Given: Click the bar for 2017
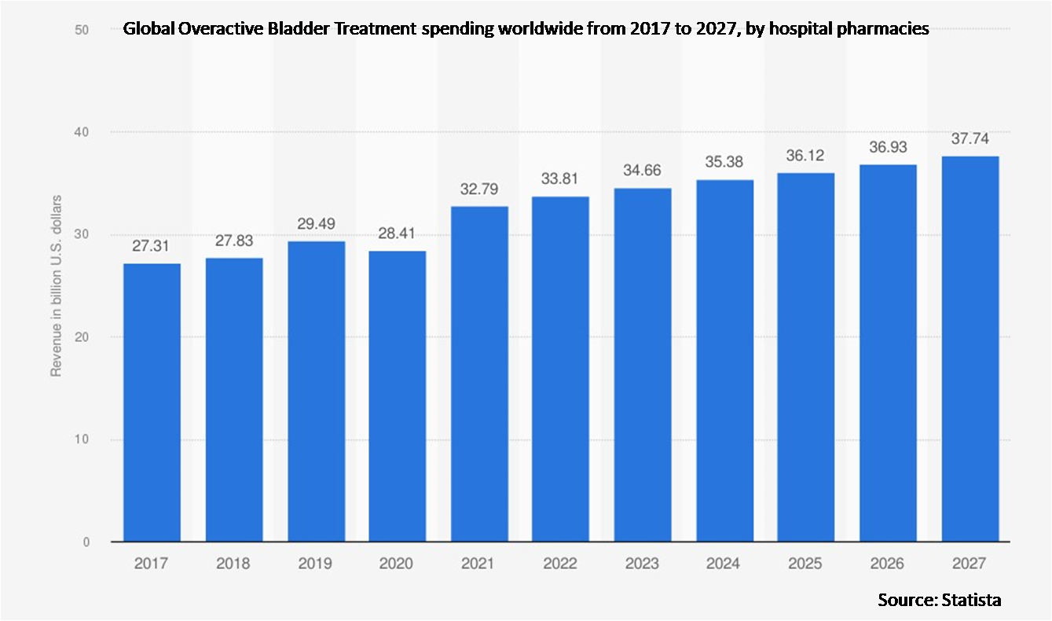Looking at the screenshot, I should point(152,402).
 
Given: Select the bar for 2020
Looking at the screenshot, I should point(397,396).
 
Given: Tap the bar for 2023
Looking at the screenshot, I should point(642,365).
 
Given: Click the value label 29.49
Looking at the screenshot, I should point(314,224).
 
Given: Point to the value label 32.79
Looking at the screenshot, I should point(478,189).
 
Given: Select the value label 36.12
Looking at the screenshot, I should point(805,156).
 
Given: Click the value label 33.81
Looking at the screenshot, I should point(560,179).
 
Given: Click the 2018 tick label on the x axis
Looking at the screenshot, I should point(233,564).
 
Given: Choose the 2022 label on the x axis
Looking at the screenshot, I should point(560,564).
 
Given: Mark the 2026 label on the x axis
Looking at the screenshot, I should point(887,564).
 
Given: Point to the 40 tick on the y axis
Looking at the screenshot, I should point(81,132).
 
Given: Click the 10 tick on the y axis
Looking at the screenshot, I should point(81,439).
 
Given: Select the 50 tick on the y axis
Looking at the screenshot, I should point(81,30).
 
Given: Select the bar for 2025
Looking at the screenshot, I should point(805,357).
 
